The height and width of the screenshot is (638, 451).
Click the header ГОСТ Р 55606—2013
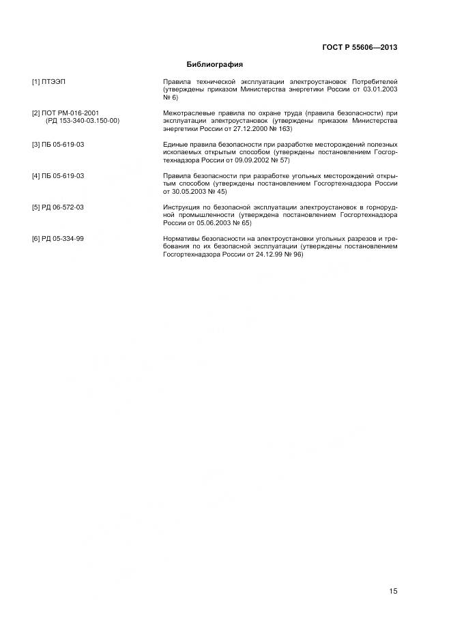360,47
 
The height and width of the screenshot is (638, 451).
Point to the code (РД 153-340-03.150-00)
82,120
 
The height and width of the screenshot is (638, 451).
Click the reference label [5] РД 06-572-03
58,207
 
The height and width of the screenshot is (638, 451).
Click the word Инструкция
183,207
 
